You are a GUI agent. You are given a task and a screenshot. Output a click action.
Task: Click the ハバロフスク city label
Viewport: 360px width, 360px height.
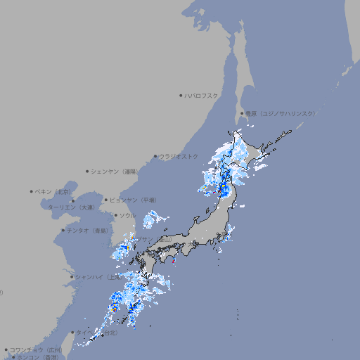pyautogui.click(x=202, y=95)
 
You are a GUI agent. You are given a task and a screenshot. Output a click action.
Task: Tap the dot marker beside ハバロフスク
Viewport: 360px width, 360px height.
pyautogui.click(x=181, y=95)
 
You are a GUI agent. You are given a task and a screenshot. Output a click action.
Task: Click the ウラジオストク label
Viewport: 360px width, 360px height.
pyautogui.click(x=179, y=156)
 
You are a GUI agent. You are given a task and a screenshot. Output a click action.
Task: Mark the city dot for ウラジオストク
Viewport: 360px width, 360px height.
pyautogui.click(x=156, y=157)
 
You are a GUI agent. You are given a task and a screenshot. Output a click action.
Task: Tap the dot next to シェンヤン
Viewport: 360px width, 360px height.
pyautogui.click(x=88, y=171)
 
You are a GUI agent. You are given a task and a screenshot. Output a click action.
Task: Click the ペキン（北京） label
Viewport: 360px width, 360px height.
pyautogui.click(x=54, y=191)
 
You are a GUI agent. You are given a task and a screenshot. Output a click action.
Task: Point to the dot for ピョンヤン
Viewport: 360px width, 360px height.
pyautogui.click(x=107, y=200)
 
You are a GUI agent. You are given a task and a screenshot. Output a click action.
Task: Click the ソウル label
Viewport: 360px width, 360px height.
pyautogui.click(x=127, y=216)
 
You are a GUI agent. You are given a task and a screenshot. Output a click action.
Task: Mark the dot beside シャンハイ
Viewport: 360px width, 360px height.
pyautogui.click(x=72, y=277)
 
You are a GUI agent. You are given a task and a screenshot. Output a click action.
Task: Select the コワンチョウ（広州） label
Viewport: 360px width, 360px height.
pyautogui.click(x=35, y=349)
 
